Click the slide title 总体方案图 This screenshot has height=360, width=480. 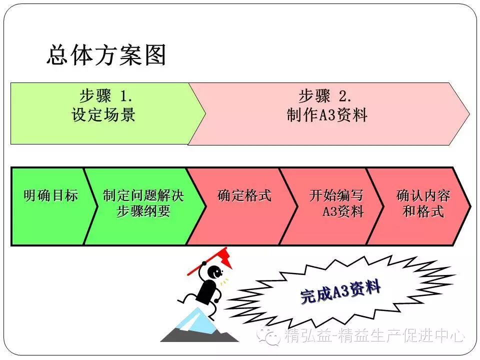point(106,54)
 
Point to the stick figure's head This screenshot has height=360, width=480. point(215,272)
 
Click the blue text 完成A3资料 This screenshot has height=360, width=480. point(340,292)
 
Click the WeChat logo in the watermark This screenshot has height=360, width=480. point(270,335)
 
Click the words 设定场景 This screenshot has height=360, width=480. point(103,115)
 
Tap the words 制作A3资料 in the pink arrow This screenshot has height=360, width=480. point(327,115)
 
